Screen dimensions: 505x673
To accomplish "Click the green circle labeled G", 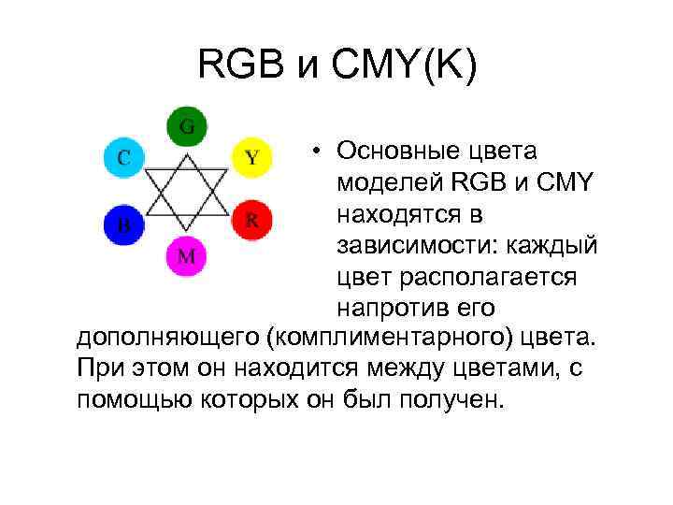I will click(187, 126).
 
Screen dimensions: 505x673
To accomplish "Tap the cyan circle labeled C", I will click(122, 156).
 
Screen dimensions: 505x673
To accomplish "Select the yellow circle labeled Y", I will click(251, 156).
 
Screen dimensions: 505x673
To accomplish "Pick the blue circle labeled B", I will click(122, 224).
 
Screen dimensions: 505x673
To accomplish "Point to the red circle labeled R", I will click(251, 221).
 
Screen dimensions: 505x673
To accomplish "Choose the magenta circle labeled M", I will click(187, 255).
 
